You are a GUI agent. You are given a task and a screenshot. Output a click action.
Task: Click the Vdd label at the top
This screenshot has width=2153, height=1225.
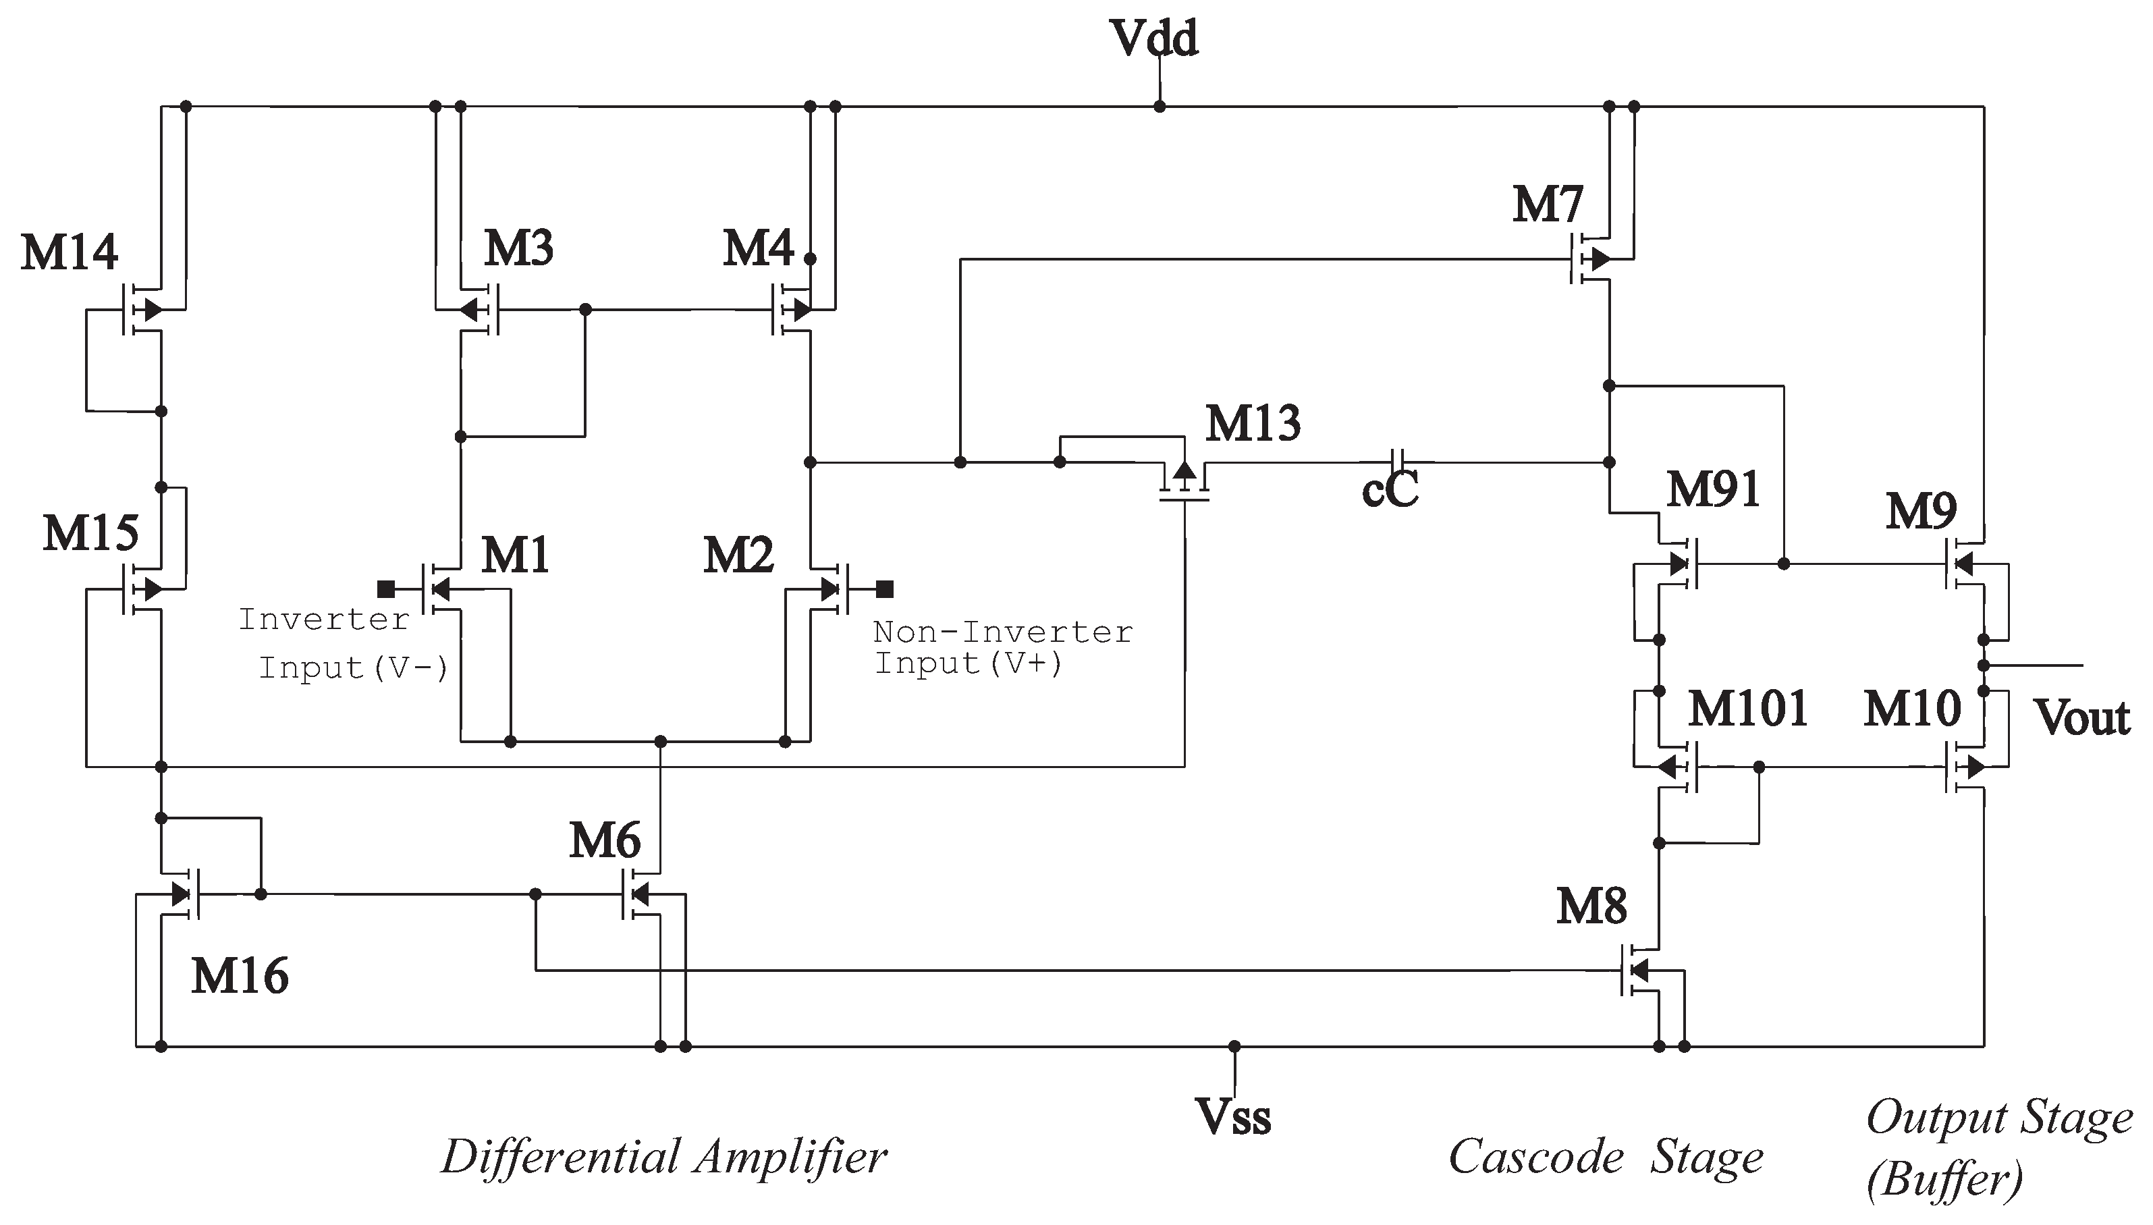(1154, 38)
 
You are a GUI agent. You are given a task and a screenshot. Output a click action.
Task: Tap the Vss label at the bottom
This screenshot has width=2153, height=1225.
(1232, 1117)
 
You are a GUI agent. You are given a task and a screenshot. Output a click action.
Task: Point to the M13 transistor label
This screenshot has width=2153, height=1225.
(1253, 423)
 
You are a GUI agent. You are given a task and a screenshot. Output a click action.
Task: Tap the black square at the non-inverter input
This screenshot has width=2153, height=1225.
(884, 589)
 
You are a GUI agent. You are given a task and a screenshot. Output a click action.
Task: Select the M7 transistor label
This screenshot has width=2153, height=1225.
(1547, 205)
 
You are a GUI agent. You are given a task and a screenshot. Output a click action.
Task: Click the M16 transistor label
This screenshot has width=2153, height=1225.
(240, 976)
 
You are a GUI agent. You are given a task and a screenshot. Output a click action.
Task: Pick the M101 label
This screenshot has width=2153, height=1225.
(1748, 709)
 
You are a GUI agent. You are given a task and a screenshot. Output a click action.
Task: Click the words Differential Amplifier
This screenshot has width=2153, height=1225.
(664, 1157)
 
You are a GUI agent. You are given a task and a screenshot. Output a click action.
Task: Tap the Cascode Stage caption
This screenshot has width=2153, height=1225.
(1605, 1157)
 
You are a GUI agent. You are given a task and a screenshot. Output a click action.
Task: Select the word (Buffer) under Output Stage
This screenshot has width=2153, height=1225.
(1944, 1180)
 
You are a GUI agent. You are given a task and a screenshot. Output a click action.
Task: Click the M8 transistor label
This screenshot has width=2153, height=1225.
(1591, 907)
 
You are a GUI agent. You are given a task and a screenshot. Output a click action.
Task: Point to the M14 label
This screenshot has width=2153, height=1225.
(69, 252)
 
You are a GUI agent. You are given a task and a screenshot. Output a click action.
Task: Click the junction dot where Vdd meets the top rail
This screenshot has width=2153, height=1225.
(1160, 107)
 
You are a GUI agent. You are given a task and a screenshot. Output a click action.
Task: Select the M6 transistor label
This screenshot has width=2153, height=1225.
(604, 840)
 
